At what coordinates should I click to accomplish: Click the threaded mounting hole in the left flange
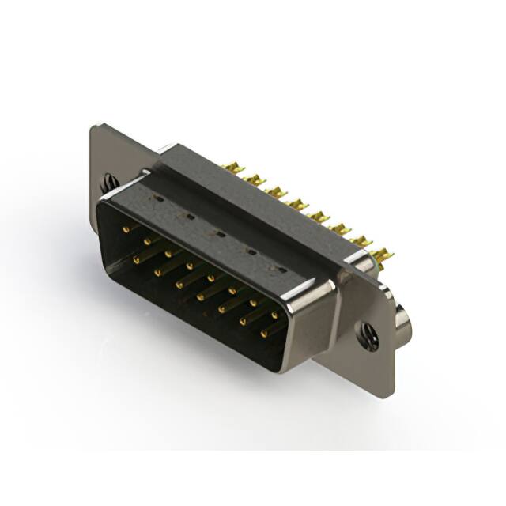click(x=109, y=183)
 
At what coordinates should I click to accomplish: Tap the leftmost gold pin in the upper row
click(x=126, y=228)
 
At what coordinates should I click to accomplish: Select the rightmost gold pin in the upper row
click(x=274, y=315)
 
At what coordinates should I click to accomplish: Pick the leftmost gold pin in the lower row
click(x=137, y=258)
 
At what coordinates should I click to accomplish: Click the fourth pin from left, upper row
click(x=190, y=266)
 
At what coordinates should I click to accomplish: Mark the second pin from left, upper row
click(x=147, y=241)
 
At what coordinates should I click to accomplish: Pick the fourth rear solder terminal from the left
click(x=297, y=204)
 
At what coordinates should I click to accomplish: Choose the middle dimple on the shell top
click(x=219, y=234)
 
